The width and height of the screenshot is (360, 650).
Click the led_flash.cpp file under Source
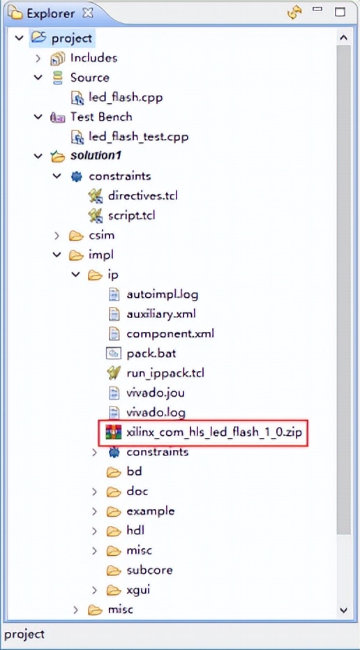126,98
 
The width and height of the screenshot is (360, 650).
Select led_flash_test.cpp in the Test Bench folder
139,137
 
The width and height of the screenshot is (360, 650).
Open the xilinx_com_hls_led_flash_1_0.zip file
213,432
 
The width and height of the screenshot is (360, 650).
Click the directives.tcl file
142,196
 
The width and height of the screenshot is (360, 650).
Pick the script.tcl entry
131,216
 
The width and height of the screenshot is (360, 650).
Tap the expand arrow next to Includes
38,58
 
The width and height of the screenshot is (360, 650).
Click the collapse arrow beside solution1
38,156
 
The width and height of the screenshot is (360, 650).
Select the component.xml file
170,333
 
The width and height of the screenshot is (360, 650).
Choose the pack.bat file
151,353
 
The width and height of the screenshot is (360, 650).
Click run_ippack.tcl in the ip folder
165,373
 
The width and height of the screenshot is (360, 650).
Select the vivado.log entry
156,412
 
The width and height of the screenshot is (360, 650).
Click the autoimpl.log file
162,294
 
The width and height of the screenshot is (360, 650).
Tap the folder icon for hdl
113,531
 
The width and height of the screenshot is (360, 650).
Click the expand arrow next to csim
57,236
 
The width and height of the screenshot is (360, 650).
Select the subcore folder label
149,570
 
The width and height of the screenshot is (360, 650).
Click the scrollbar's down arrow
343,610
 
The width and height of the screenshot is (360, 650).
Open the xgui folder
137,590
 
